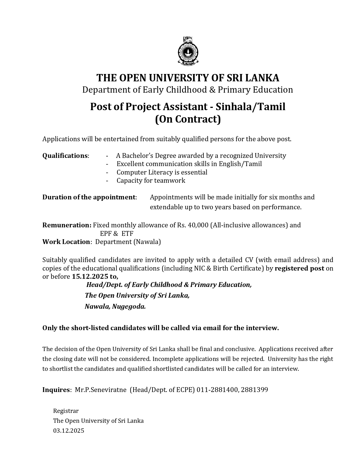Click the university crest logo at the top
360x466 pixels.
[188, 51]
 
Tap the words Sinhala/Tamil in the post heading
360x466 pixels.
[251, 107]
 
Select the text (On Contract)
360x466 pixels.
[188, 119]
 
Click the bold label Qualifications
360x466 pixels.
[65, 156]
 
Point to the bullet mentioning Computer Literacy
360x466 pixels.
[162, 172]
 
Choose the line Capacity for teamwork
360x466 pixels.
[151, 180]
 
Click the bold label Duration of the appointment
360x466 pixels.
[89, 197]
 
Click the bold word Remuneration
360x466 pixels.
[66, 225]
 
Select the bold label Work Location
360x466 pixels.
[66, 242]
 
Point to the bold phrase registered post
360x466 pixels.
[299, 268]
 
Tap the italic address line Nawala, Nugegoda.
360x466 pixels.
[115, 306]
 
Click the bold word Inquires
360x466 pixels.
[56, 390]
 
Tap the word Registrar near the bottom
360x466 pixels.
[66, 411]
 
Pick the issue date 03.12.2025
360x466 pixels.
[69, 431]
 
